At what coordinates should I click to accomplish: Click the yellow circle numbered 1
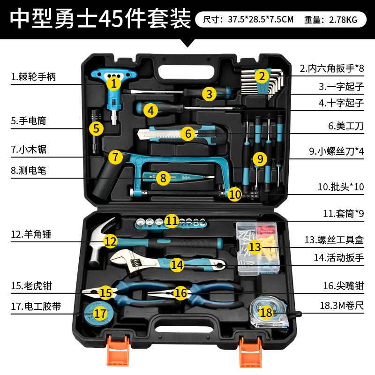[113, 84]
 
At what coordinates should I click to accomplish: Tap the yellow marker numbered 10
[235, 194]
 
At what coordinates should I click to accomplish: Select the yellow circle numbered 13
[254, 247]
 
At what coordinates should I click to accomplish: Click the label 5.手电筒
[29, 121]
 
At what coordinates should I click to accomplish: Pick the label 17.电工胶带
[36, 307]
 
